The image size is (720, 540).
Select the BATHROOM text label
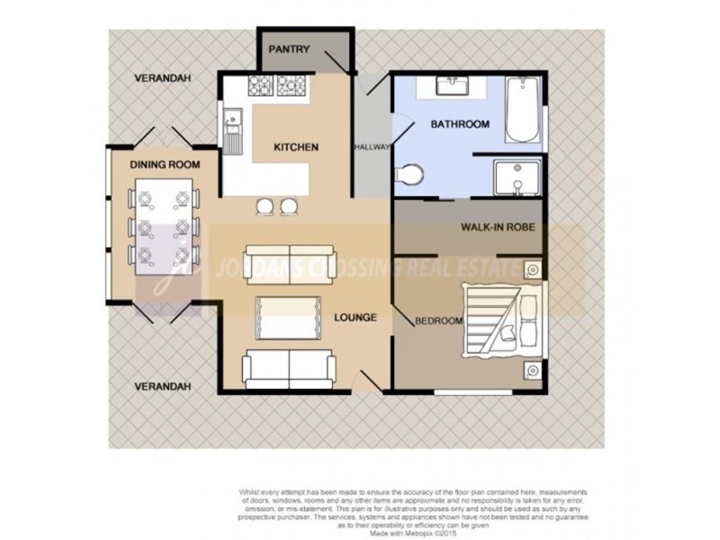459,124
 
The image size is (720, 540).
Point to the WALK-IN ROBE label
499,228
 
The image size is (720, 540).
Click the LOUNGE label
354,317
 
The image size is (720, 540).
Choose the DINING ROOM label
164,165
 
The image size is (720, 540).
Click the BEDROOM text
438,320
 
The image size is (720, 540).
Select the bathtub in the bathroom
522,111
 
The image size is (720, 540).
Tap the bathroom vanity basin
449,87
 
